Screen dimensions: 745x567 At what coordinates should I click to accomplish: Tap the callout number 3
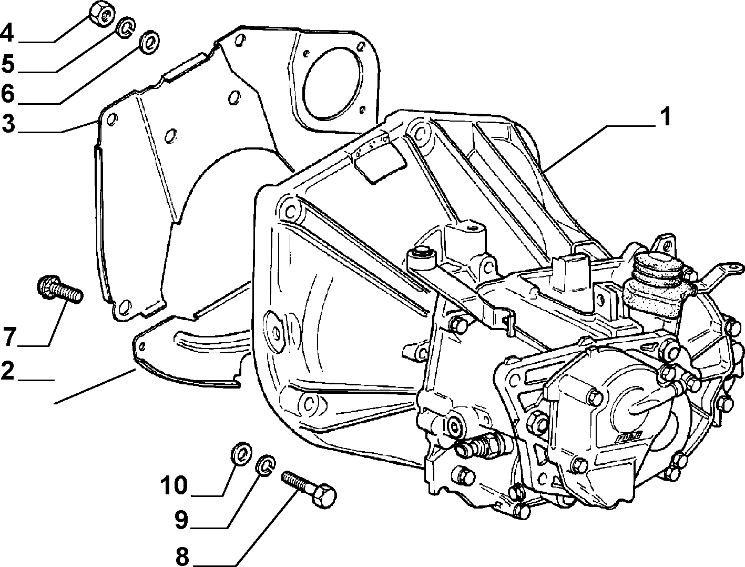8,124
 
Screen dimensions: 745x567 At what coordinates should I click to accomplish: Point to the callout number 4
7,33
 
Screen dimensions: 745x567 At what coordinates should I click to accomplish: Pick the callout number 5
8,63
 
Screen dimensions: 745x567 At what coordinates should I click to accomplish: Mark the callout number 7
9,336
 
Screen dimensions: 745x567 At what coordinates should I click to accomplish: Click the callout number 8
182,556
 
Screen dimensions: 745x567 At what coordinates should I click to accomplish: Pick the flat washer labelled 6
149,42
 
